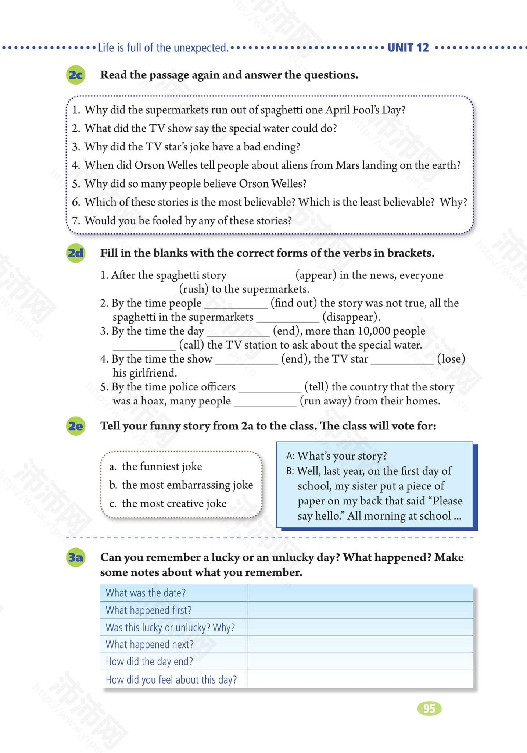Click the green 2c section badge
(x=76, y=75)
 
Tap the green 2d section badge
(x=76, y=253)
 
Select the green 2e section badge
(x=76, y=426)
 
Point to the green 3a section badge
(x=76, y=558)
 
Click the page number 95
(x=429, y=708)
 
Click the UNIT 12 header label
(x=408, y=48)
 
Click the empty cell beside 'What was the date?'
(x=360, y=593)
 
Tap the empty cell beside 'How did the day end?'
(x=360, y=661)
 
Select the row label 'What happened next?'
(x=150, y=645)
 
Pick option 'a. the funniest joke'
(x=156, y=467)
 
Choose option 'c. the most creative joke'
(x=168, y=503)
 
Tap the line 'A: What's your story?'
(x=336, y=456)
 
